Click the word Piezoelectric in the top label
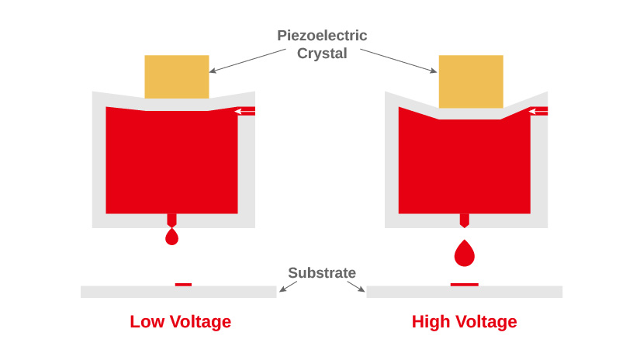322,36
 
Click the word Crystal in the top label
322,54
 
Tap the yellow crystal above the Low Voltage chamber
177,76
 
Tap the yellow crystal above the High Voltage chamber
471,81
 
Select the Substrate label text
322,273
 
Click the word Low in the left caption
147,322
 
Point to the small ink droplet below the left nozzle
172,237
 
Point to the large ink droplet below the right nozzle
465,253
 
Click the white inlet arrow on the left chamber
244,112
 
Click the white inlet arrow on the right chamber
538,112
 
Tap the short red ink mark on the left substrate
183,285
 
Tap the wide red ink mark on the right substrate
465,285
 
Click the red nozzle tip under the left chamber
172,220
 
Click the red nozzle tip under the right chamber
465,220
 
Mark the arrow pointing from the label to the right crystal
399,61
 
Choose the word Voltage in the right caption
486,322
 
